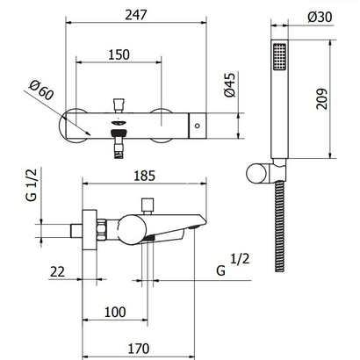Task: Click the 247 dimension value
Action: (136, 15)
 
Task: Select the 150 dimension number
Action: (119, 54)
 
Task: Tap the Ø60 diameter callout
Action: (42, 90)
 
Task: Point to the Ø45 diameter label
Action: (230, 85)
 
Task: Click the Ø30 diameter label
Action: (320, 17)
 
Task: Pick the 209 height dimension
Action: (321, 98)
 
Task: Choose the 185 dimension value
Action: (145, 176)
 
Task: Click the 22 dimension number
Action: (57, 271)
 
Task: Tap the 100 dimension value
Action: (115, 312)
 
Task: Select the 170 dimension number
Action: (139, 349)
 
